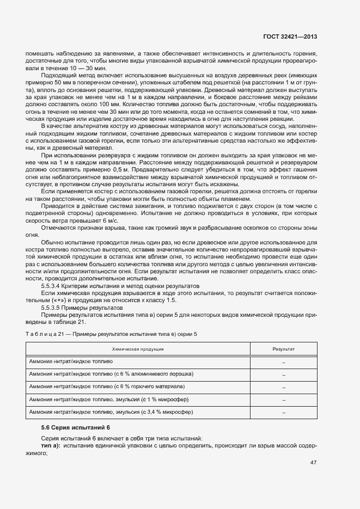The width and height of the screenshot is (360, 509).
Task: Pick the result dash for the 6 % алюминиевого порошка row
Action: click(283, 374)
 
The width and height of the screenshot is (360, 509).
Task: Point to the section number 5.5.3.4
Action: click(53, 286)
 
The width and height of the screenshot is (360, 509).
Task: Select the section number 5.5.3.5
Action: click(53, 308)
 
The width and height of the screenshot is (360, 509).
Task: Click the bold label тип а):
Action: click(51, 446)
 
